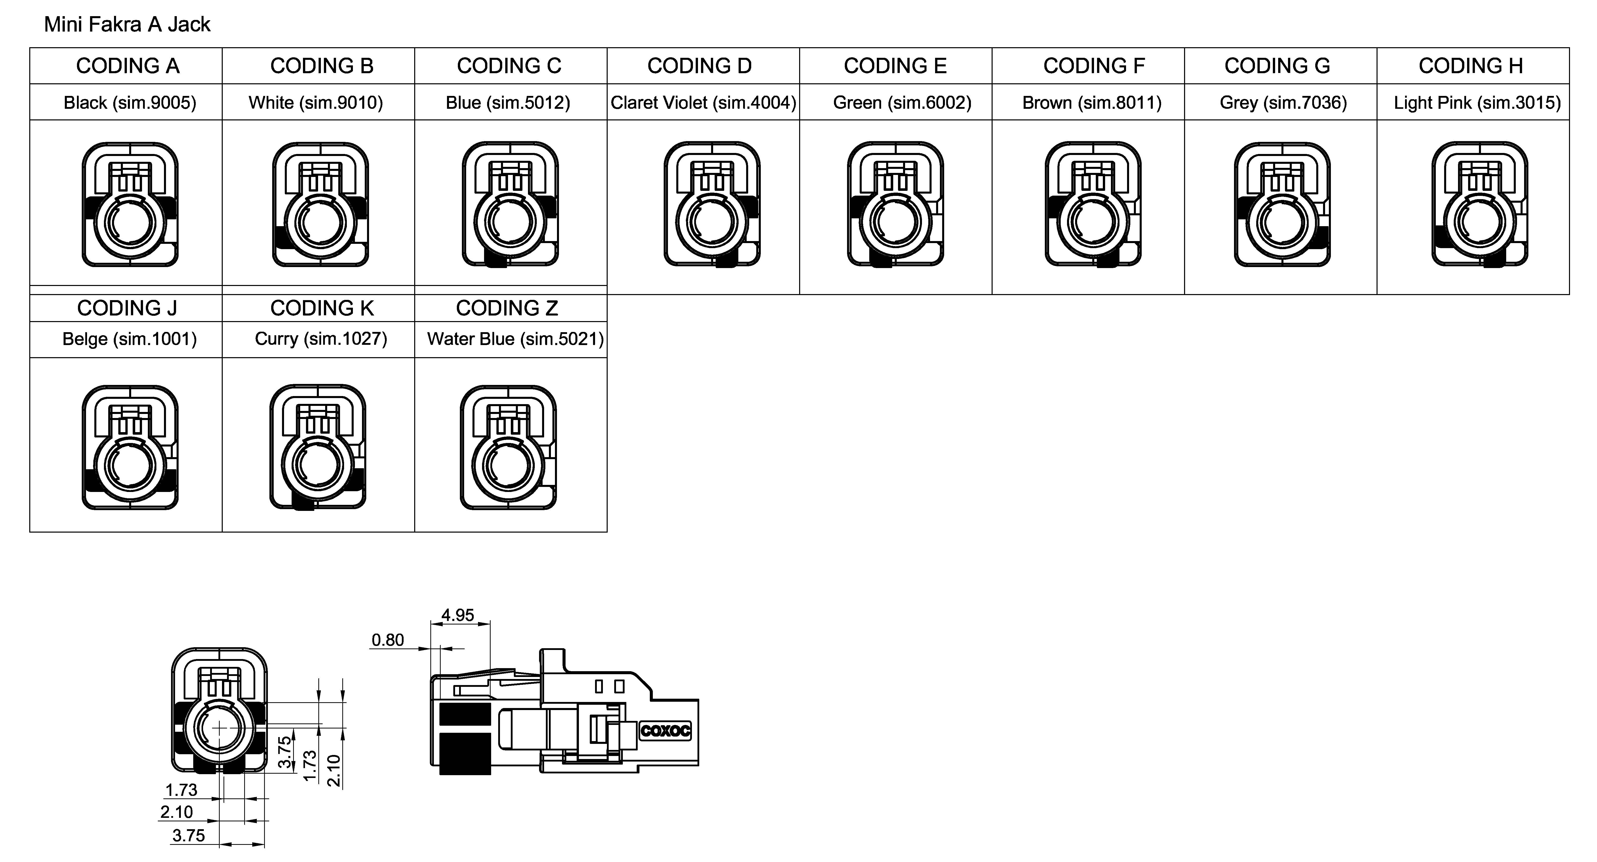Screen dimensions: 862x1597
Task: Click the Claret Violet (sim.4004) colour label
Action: [x=703, y=102]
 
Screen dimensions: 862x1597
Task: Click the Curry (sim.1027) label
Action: [x=321, y=338]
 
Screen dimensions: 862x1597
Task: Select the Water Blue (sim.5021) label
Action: [x=515, y=338]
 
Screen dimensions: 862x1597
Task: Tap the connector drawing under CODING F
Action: [x=1093, y=205]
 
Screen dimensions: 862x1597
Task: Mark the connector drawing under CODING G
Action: [x=1282, y=205]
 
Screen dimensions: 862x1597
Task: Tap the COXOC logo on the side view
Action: [x=665, y=730]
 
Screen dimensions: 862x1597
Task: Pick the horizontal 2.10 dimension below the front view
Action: [x=177, y=812]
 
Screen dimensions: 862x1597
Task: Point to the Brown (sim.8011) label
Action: [x=1092, y=102]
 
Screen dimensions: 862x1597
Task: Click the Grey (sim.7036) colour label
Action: [x=1283, y=102]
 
